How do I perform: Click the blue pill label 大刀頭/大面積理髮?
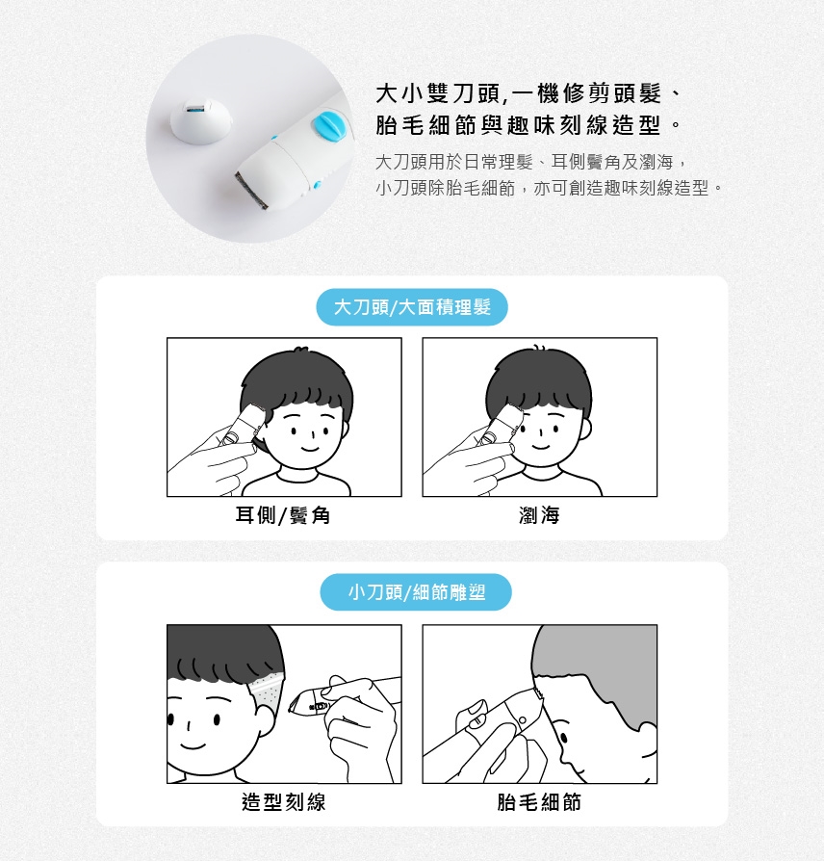click(412, 307)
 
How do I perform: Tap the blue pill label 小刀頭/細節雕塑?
click(416, 592)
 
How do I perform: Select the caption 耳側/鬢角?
click(283, 515)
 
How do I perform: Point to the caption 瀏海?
click(539, 515)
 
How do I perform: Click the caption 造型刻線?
click(284, 801)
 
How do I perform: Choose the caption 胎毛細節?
click(539, 801)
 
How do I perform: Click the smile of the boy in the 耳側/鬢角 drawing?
click(310, 449)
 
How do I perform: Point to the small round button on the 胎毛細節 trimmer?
click(523, 719)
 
